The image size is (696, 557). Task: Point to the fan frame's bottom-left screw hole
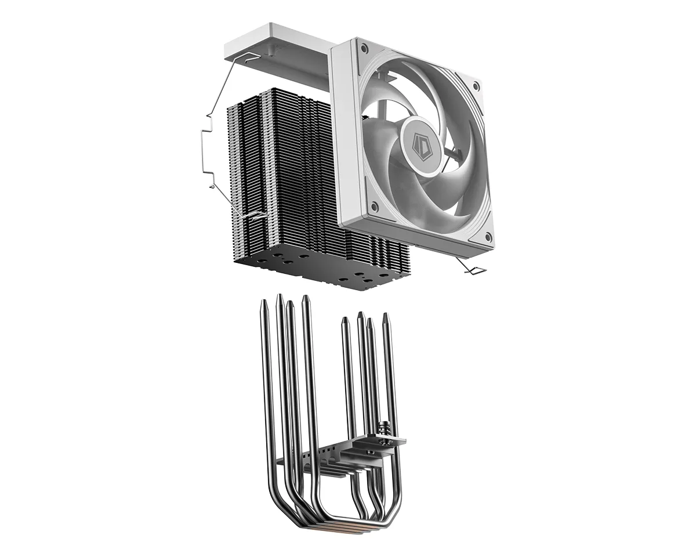pyautogui.click(x=374, y=205)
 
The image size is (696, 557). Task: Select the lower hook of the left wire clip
pyautogui.click(x=252, y=216)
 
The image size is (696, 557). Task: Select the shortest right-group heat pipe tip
pyautogui.click(x=345, y=319)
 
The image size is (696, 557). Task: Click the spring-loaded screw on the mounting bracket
pyautogui.click(x=383, y=430)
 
